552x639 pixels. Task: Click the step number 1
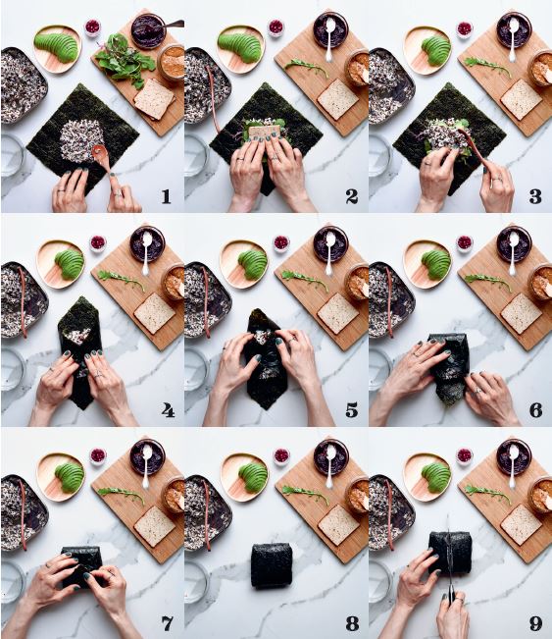pyautogui.click(x=166, y=196)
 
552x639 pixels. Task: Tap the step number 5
pyautogui.click(x=351, y=409)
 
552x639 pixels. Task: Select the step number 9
pyautogui.click(x=535, y=623)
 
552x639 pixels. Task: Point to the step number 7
pyautogui.click(x=168, y=623)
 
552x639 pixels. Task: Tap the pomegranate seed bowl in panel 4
pyautogui.click(x=98, y=242)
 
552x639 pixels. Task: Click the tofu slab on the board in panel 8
pyautogui.click(x=338, y=525)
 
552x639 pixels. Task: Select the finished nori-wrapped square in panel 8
pyautogui.click(x=272, y=565)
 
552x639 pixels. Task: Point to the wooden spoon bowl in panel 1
pyautogui.click(x=98, y=152)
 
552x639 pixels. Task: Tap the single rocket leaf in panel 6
pyautogui.click(x=487, y=282)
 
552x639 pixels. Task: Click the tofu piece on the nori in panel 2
pyautogui.click(x=265, y=131)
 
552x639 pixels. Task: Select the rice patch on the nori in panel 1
pyautogui.click(x=82, y=140)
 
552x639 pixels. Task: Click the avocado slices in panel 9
pyautogui.click(x=436, y=477)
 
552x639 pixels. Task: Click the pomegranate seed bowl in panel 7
pyautogui.click(x=98, y=455)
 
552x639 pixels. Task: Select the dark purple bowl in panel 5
pyautogui.click(x=330, y=243)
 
